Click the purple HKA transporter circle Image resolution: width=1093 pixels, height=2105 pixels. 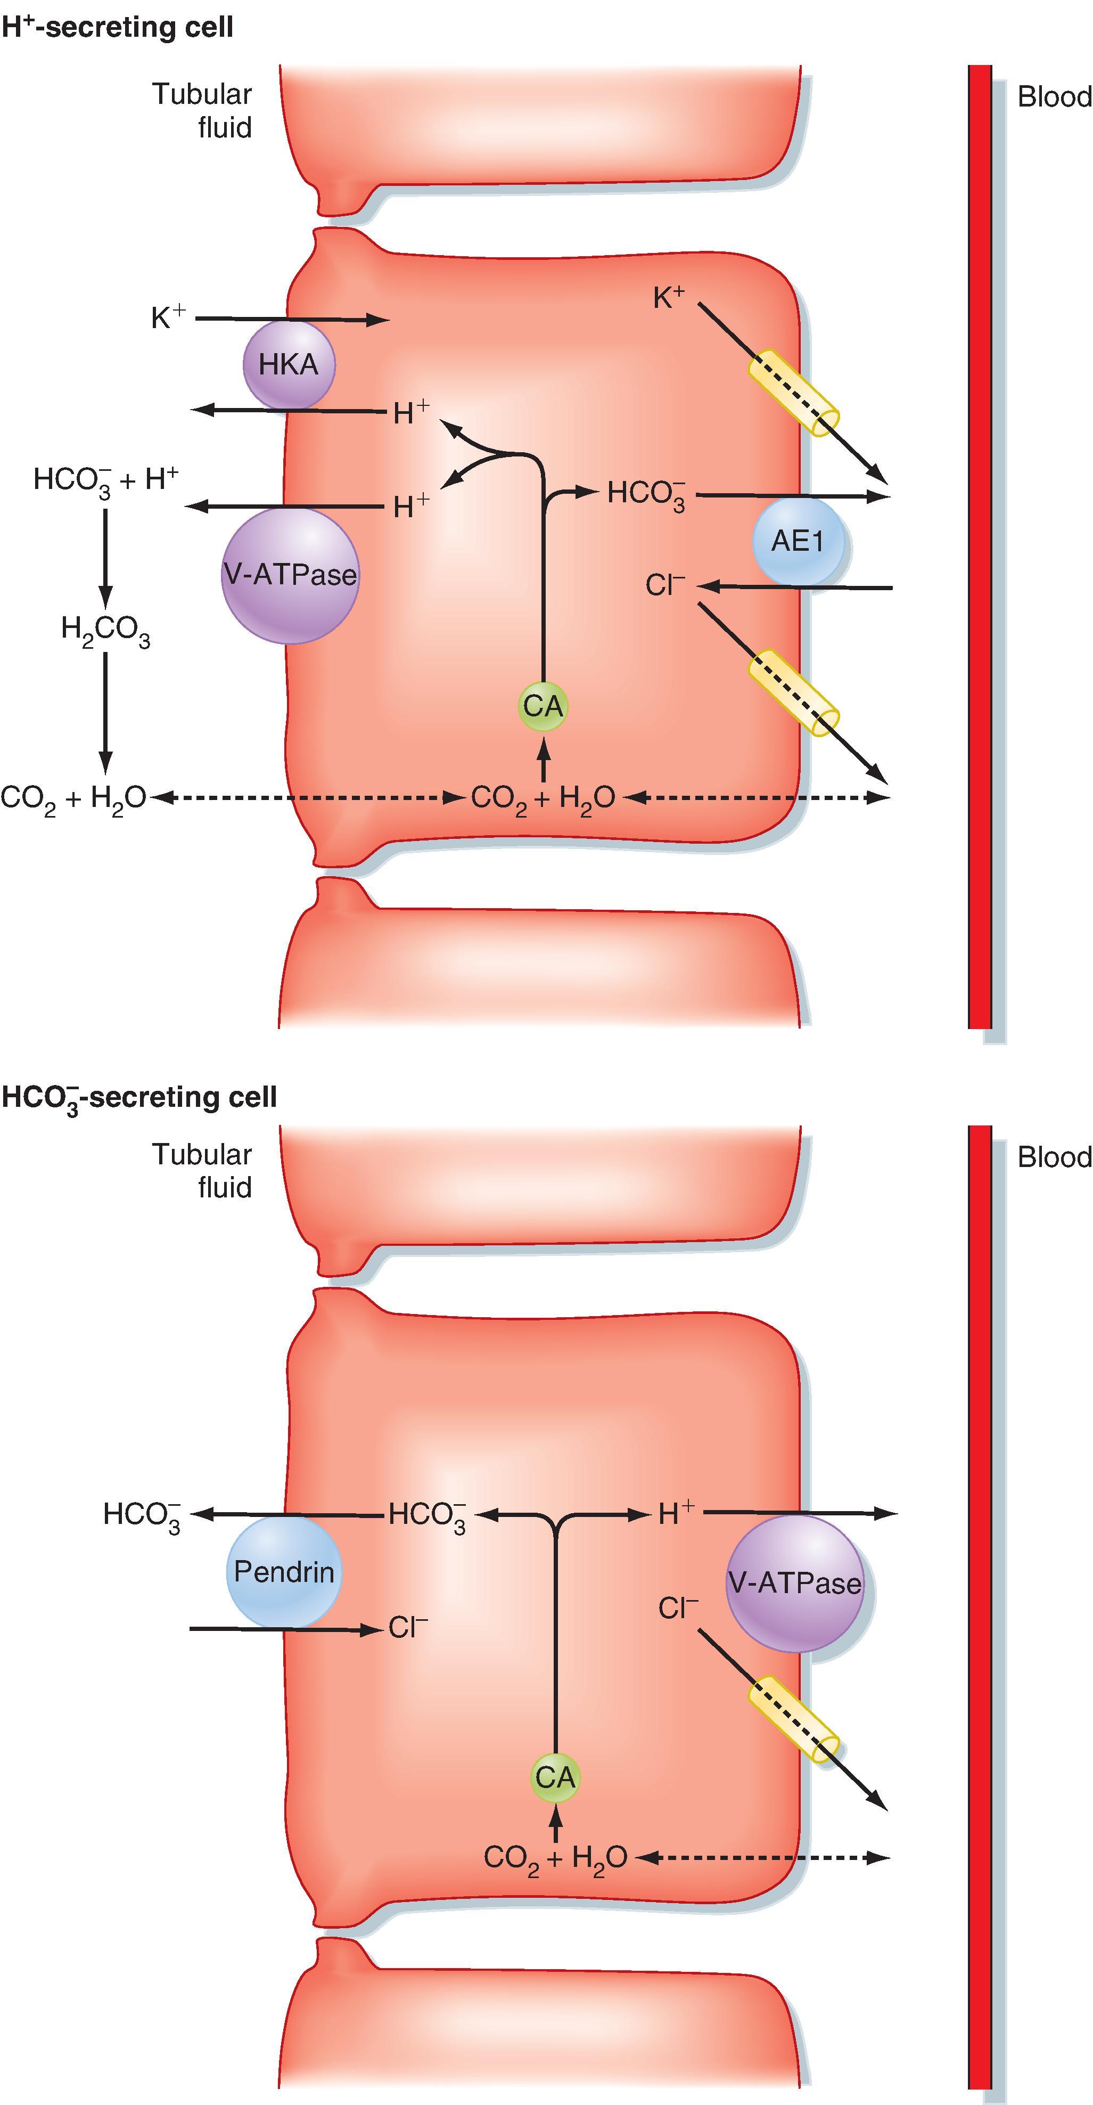(289, 364)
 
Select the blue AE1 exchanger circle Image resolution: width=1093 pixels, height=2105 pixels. (798, 541)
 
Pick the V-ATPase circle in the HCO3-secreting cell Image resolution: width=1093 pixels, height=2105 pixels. (794, 1584)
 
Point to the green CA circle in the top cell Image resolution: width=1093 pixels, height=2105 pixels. (543, 706)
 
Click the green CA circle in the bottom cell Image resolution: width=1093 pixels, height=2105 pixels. (555, 1776)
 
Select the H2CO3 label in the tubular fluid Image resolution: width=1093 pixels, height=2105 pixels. (105, 630)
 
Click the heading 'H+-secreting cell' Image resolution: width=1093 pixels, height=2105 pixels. (118, 27)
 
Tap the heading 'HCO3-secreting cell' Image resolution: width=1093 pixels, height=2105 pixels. (139, 1097)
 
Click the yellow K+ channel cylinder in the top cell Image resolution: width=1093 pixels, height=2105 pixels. (794, 394)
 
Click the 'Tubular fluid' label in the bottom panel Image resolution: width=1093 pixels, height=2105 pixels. (202, 1170)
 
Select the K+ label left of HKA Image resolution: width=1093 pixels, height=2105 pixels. (168, 316)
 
